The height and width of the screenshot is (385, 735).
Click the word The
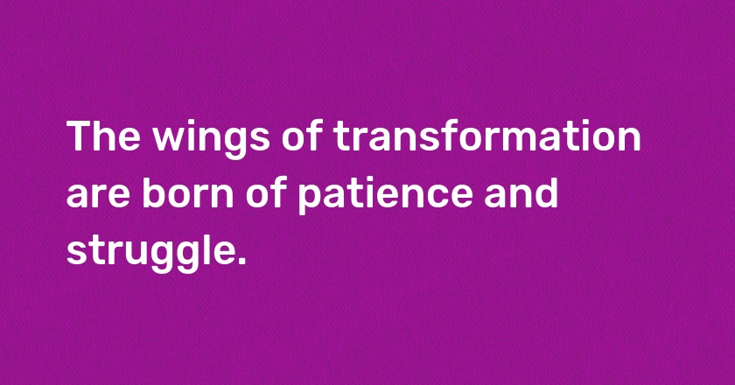click(103, 136)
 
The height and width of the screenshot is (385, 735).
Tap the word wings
click(212, 140)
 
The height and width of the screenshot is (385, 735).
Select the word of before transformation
click(302, 136)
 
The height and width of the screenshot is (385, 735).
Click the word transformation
click(487, 136)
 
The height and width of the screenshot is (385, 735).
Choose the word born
click(187, 192)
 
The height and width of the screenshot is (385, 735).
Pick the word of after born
click(266, 192)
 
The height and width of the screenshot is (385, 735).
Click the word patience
click(385, 196)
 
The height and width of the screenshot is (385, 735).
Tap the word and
click(521, 192)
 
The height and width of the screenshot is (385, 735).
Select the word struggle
click(149, 253)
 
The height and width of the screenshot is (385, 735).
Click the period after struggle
click(241, 261)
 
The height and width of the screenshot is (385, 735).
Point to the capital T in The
click(80, 136)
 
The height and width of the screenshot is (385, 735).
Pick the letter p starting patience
click(309, 199)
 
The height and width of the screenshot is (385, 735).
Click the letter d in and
click(547, 192)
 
